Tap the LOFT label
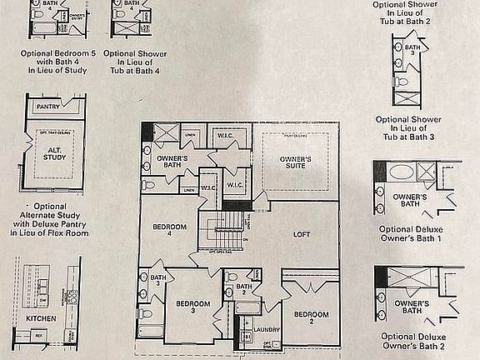pos(302,234)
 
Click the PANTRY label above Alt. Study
pos(52,107)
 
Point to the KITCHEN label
pos(41,318)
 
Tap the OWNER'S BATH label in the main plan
pos(173,162)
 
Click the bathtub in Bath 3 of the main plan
pos(152,332)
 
